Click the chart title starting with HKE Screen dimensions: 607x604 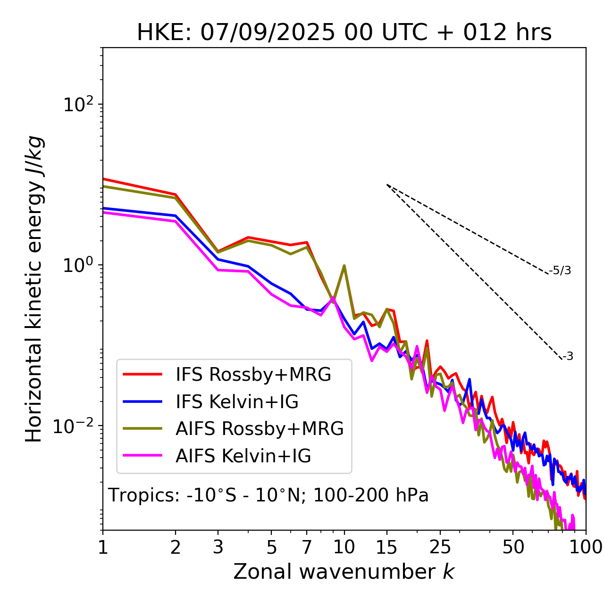click(344, 33)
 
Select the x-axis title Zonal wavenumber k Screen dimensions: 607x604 click(344, 572)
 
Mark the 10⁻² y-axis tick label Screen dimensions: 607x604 click(75, 427)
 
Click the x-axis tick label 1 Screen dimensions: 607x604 click(103, 547)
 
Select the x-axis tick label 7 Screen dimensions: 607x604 click(307, 547)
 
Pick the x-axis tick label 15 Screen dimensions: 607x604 click(386, 547)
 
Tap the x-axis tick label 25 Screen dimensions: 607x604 click(440, 547)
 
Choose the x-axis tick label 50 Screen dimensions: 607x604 click(513, 547)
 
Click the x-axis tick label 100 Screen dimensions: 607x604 click(585, 547)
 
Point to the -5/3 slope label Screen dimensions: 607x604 click(560, 271)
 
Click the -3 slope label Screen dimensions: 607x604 click(568, 357)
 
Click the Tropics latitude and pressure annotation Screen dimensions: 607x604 click(268, 495)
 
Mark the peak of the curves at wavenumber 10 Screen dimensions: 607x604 click(344, 266)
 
